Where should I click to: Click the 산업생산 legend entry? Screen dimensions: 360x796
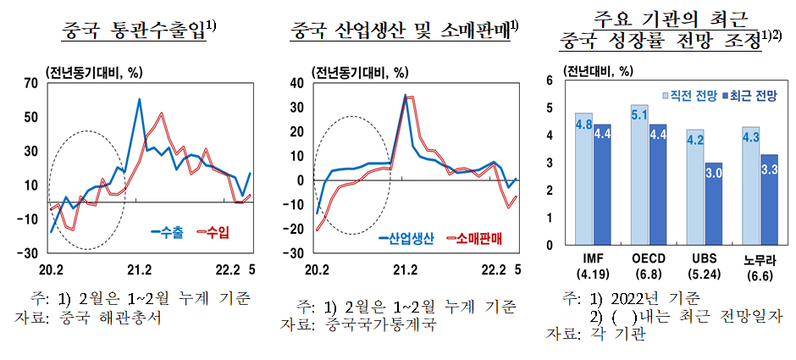406,239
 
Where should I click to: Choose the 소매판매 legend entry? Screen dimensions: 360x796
473,239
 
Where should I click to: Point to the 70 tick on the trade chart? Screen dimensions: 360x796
31,83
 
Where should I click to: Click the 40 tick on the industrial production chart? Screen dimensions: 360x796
296,83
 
